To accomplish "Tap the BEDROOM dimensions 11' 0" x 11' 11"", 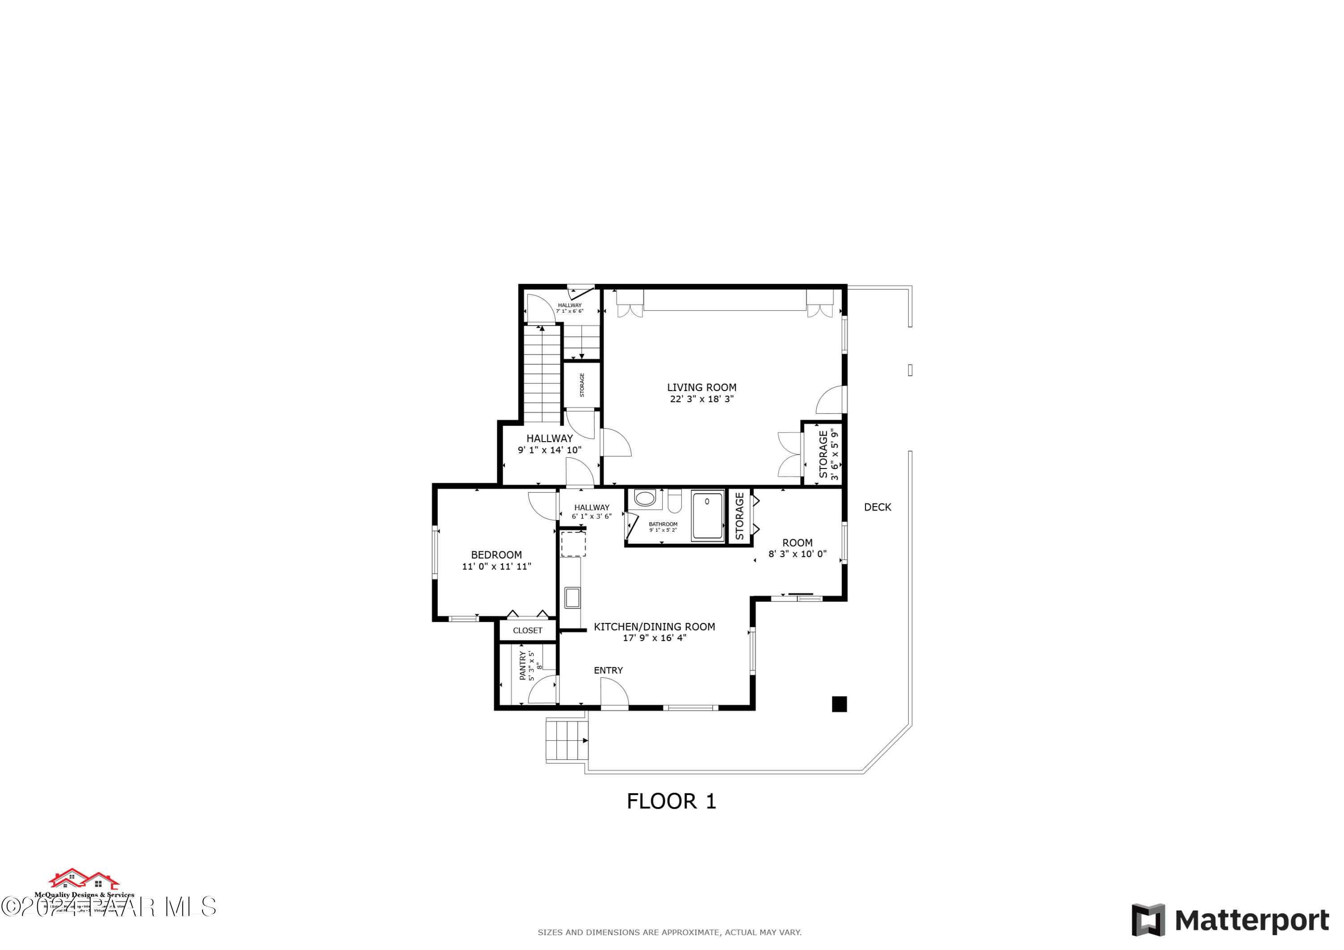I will (496, 566).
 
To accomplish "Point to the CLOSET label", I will (527, 630).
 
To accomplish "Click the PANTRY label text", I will (523, 666).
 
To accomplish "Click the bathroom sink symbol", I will (645, 499).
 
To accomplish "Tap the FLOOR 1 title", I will (672, 801).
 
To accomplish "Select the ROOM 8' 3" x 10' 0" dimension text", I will (797, 554).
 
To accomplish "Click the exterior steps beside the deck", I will (566, 740).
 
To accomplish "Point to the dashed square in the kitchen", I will (573, 544).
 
